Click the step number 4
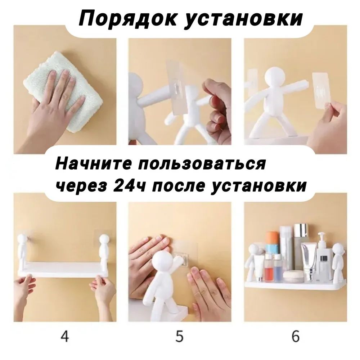(64, 336)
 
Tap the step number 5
(179, 336)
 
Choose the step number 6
(296, 336)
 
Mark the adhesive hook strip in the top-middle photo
(175, 89)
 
